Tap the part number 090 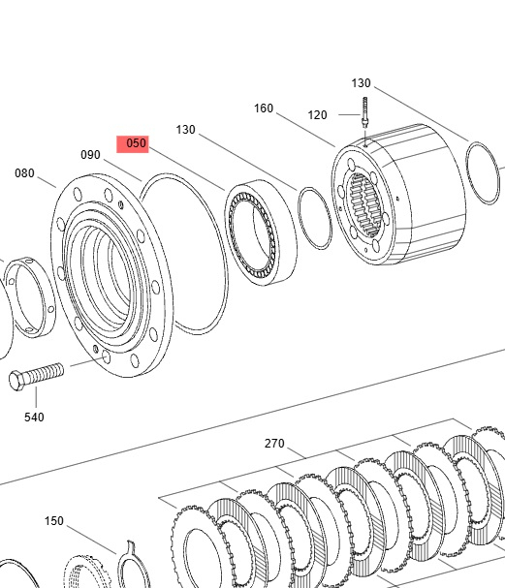[x=90, y=155]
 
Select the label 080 [x=24, y=173]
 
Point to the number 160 [x=264, y=108]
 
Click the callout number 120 [x=317, y=115]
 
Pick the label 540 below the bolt [x=34, y=417]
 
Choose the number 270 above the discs [x=274, y=444]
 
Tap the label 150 [x=54, y=521]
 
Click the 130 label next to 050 [x=186, y=130]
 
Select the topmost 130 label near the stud [x=361, y=83]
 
